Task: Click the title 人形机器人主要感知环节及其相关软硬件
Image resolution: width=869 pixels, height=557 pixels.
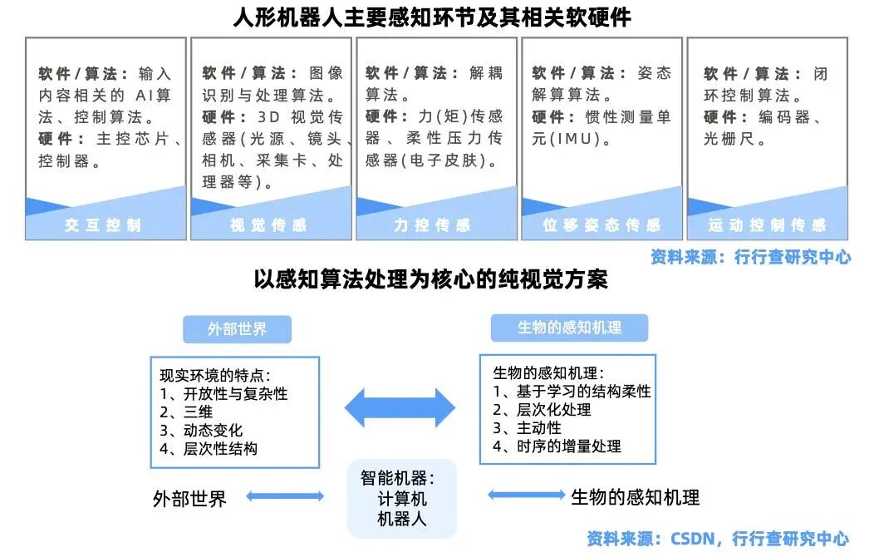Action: tap(434, 17)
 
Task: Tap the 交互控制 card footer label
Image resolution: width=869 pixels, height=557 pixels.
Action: tap(104, 225)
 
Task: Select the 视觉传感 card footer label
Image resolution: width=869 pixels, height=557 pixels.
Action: tap(268, 225)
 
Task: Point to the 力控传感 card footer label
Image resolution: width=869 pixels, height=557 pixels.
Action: tap(433, 225)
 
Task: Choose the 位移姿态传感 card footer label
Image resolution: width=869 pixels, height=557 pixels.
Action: tap(601, 225)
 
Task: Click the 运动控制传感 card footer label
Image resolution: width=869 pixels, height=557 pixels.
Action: tap(768, 225)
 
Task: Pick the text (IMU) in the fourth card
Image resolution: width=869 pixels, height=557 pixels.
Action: tap(572, 138)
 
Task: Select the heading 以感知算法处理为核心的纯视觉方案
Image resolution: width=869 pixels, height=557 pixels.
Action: tap(431, 280)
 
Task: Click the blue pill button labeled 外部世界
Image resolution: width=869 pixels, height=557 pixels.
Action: tap(237, 329)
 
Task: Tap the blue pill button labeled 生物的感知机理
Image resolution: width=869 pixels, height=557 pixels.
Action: tap(569, 328)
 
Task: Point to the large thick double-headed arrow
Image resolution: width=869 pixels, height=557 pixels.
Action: tap(400, 407)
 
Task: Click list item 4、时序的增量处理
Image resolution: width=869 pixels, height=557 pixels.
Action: tap(557, 446)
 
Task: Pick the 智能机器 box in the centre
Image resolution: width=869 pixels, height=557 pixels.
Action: tap(402, 499)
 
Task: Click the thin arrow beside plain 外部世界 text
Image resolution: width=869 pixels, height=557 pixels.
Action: tap(285, 497)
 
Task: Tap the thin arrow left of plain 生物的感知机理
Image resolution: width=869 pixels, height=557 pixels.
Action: tap(526, 495)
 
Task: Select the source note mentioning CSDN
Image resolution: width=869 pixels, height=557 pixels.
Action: tap(718, 539)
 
